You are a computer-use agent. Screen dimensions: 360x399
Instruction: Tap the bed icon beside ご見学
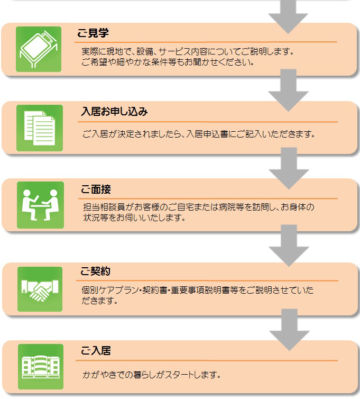pyautogui.click(x=39, y=49)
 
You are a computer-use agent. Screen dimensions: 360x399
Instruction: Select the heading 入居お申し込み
pyautogui.click(x=114, y=112)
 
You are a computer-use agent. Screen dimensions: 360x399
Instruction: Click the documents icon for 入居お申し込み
pyautogui.click(x=40, y=128)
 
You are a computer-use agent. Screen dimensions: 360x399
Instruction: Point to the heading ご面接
pyautogui.click(x=96, y=189)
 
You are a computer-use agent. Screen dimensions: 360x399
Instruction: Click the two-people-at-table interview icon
pyautogui.click(x=40, y=205)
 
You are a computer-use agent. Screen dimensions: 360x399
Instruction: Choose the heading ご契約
pyautogui.click(x=95, y=272)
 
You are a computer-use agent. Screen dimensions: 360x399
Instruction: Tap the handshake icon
pyautogui.click(x=40, y=289)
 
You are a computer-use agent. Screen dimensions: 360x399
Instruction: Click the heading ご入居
pyautogui.click(x=96, y=350)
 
